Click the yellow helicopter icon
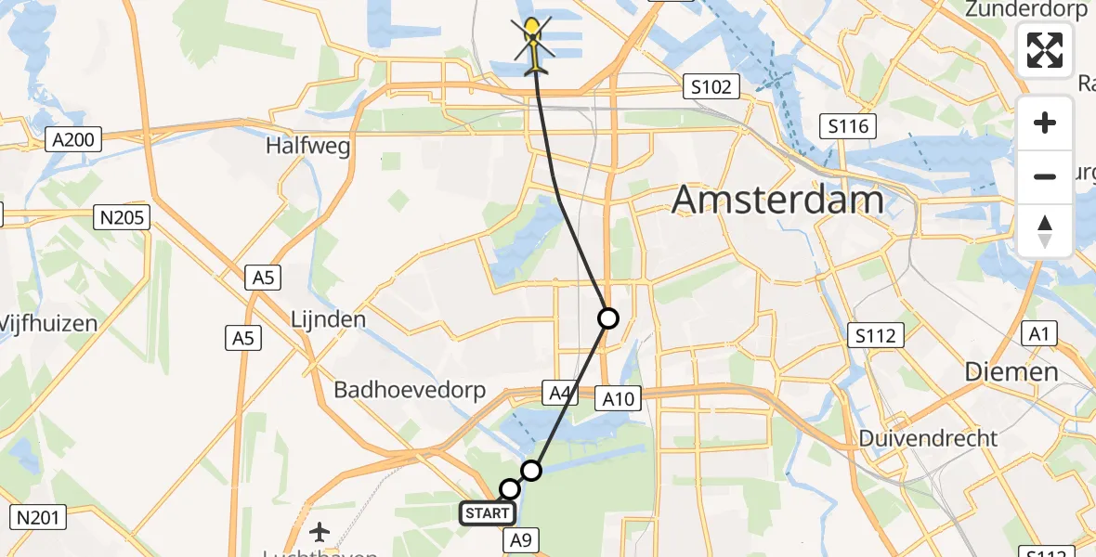pos(532,45)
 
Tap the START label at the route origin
pos(487,512)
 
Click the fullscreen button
pos(1045,50)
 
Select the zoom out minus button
pos(1045,176)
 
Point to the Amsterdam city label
pos(776,200)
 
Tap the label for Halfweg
pos(308,146)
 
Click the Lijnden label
pos(328,318)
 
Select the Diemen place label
pos(1011,371)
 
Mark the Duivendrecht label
pos(928,437)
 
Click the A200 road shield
pos(72,140)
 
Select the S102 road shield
pos(711,87)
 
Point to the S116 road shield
pos(849,124)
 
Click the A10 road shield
pos(617,398)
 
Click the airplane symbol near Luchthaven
pos(320,532)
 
